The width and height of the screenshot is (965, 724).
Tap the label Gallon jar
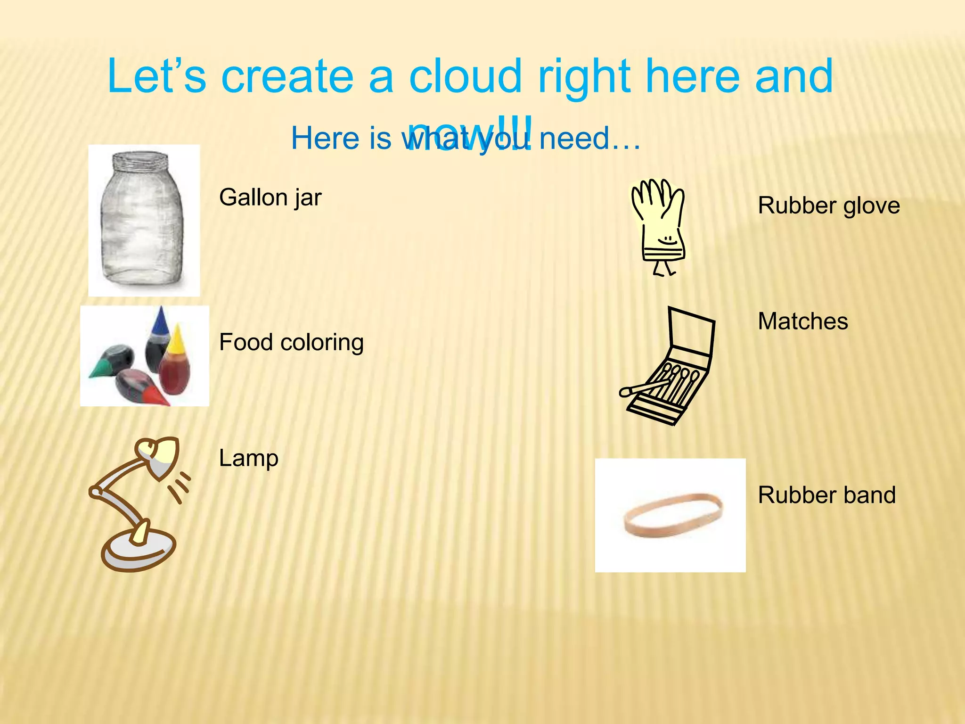(270, 197)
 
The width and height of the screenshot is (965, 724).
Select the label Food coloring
(291, 342)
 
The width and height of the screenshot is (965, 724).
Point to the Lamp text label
(248, 458)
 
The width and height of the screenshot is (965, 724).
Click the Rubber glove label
(828, 206)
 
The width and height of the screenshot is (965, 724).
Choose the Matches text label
(802, 321)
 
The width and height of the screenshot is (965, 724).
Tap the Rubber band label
(826, 495)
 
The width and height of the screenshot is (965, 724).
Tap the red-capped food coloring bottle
(141, 384)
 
